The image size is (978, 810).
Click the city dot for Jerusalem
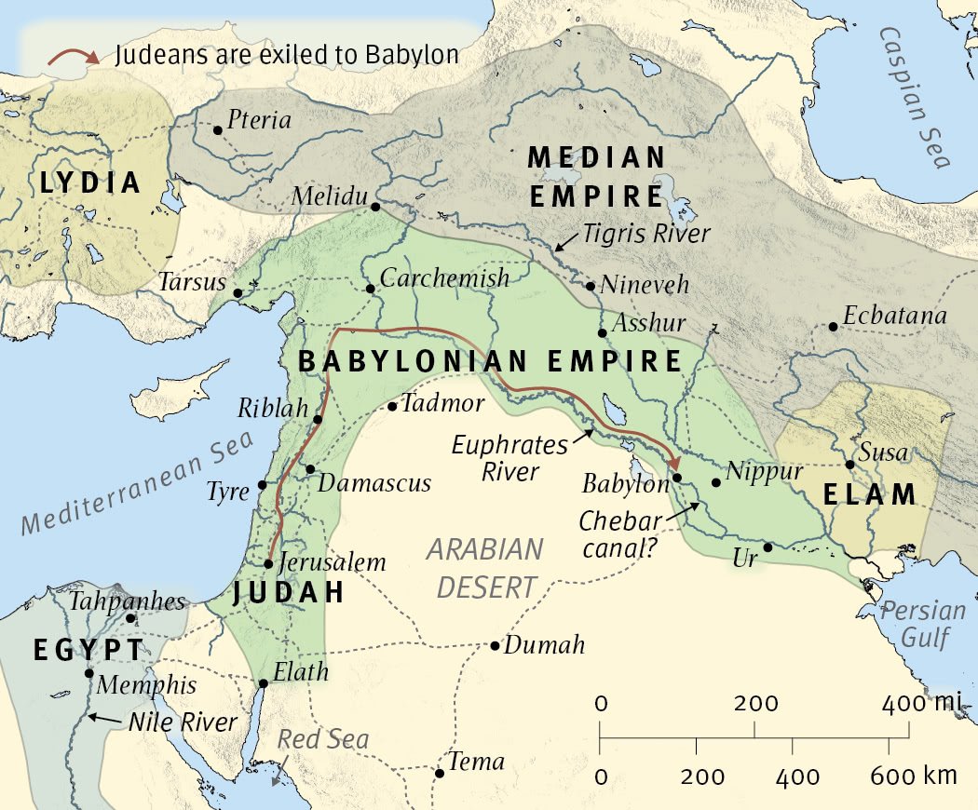coord(268,563)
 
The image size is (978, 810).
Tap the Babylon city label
coord(626,484)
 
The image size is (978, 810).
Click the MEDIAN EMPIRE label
coord(596,177)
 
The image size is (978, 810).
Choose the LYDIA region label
coord(90,183)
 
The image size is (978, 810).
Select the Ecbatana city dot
coord(832,327)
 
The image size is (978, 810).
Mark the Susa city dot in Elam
coord(849,465)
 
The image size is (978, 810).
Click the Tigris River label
coord(646,234)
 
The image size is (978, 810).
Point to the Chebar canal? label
coord(620,535)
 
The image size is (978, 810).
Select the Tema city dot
coord(439,772)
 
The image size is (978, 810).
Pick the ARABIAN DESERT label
coord(484,568)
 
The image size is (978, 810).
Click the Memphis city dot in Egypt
coord(89,673)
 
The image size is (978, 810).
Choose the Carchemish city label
coord(445,278)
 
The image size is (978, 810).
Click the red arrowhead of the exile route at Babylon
coord(676,465)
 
